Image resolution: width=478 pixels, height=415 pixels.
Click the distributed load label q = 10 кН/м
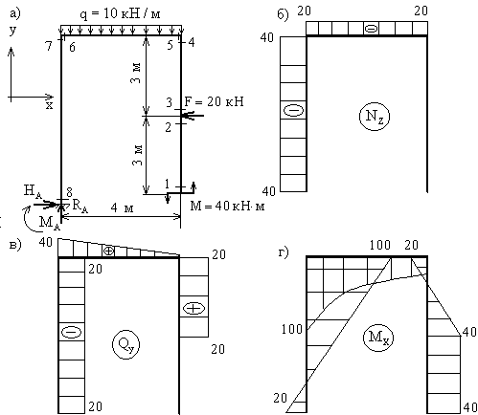pyautogui.click(x=120, y=13)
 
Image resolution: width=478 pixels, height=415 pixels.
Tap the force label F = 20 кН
pyautogui.click(x=214, y=101)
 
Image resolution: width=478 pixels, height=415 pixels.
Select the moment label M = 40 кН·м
pyautogui.click(x=227, y=206)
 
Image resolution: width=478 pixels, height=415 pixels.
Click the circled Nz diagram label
pyautogui.click(x=375, y=116)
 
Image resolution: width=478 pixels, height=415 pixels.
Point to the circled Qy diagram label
pyautogui.click(x=125, y=344)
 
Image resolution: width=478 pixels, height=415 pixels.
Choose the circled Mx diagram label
pyautogui.click(x=378, y=338)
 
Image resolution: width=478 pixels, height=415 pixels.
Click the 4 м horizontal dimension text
pyautogui.click(x=122, y=207)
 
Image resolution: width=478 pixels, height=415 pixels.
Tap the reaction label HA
pyautogui.click(x=33, y=191)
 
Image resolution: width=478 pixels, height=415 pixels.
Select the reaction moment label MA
pyautogui.click(x=49, y=222)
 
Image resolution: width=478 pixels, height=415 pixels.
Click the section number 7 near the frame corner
pyautogui.click(x=49, y=46)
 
